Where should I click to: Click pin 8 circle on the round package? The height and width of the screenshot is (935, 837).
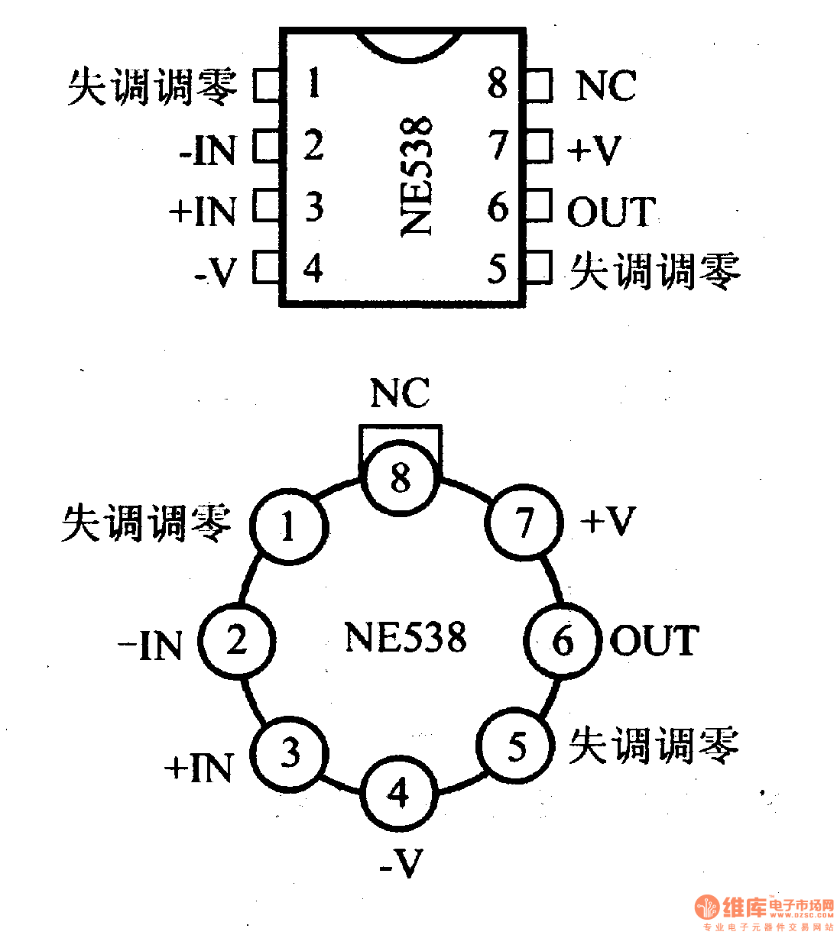click(x=401, y=478)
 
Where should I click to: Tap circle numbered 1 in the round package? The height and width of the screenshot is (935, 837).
click(x=289, y=526)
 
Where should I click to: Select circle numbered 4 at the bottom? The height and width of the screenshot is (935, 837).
click(x=398, y=793)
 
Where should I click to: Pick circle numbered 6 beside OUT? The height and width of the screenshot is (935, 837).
click(x=563, y=640)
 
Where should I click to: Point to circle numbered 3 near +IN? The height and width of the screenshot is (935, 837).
click(x=290, y=753)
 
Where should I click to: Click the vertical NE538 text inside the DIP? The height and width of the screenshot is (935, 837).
click(x=417, y=176)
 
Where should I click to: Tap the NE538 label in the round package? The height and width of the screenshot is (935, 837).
click(x=405, y=638)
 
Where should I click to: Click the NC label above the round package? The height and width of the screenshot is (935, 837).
click(x=400, y=394)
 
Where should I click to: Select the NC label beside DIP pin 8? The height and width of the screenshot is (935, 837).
click(x=605, y=86)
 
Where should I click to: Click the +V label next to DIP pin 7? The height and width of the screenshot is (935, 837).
click(x=594, y=150)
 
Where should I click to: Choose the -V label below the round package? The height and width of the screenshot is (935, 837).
click(x=401, y=864)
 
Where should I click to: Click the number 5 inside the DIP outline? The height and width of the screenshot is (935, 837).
click(x=498, y=269)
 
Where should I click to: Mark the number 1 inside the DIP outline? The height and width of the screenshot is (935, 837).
click(x=313, y=82)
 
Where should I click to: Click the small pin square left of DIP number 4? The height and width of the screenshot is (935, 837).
click(x=266, y=269)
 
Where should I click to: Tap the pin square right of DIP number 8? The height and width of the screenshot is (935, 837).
click(x=540, y=85)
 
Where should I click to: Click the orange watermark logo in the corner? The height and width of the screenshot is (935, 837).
click(x=708, y=907)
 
